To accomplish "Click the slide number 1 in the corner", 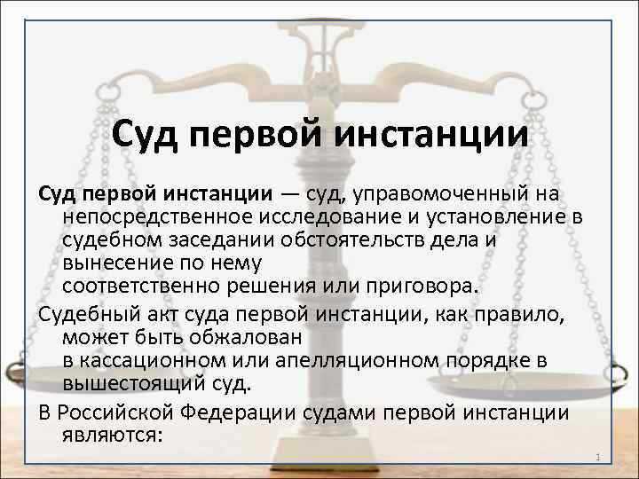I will click(x=601, y=458).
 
